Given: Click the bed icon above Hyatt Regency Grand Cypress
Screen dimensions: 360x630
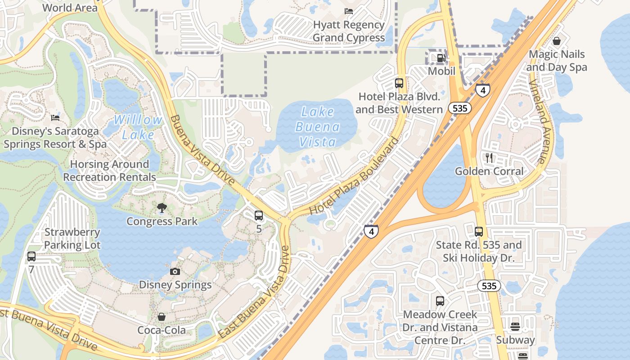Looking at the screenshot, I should click(x=349, y=11).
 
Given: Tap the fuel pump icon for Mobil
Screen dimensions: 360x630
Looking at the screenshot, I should click(x=441, y=58).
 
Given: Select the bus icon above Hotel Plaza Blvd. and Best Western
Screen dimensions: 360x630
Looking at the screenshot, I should click(x=399, y=83).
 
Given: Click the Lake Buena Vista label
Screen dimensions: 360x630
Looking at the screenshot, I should click(x=318, y=127).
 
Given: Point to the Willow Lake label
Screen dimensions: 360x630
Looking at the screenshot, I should click(x=138, y=127).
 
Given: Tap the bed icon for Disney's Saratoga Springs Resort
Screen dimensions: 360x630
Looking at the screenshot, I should click(x=55, y=118).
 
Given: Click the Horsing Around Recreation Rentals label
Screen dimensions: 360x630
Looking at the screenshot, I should click(x=109, y=171).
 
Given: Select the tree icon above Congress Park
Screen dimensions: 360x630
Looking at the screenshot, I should click(x=162, y=207).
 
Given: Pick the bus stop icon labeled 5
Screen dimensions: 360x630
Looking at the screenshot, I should click(x=259, y=216).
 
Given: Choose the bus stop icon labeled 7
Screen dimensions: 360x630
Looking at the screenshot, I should click(x=31, y=256).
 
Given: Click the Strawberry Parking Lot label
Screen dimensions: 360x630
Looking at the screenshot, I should click(x=72, y=239).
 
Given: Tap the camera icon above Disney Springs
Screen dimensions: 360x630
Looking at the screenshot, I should click(x=175, y=271).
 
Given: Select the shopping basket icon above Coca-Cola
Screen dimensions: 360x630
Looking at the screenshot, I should click(x=162, y=317).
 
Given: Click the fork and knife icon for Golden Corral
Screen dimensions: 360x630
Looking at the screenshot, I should click(x=489, y=157).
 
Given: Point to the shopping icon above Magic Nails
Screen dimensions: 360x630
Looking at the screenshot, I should click(x=557, y=41).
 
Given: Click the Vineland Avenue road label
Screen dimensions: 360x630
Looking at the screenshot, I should click(x=538, y=122).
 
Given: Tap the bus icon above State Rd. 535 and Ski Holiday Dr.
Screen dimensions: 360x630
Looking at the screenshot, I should click(x=479, y=232).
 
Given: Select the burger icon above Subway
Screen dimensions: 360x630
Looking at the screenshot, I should click(x=515, y=326).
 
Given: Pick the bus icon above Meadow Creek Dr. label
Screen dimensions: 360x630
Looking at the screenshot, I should click(x=440, y=301).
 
